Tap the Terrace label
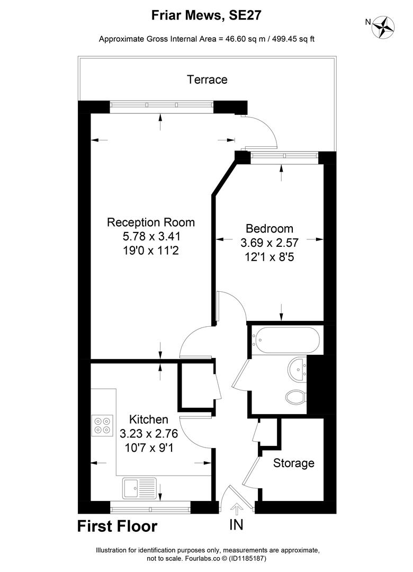pos(207,79)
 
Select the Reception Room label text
pos(151,222)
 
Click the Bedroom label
pos(270,229)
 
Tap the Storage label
pos(294,463)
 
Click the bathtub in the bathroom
pos(286,339)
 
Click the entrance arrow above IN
pos(237,509)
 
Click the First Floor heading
pos(117,526)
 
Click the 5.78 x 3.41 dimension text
pos(151,236)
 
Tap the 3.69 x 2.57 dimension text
pos(270,243)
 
